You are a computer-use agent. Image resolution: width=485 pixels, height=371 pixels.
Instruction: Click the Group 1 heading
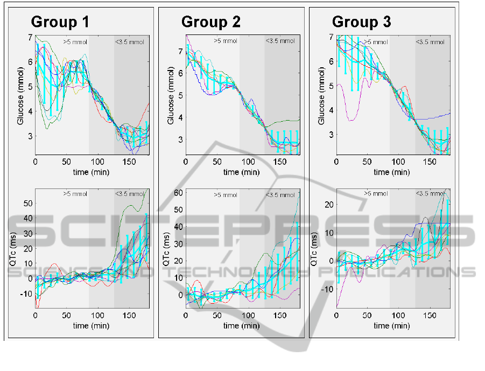click(60, 22)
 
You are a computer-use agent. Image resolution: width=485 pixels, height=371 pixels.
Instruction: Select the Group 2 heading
click(210, 22)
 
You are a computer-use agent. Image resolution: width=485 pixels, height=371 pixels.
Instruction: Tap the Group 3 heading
click(361, 22)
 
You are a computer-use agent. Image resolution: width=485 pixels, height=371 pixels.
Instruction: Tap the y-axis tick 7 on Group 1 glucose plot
click(30, 37)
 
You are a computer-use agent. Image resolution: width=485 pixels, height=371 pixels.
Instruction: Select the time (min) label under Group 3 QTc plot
click(392, 325)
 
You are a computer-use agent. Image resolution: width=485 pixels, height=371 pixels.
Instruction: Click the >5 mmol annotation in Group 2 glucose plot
click(225, 41)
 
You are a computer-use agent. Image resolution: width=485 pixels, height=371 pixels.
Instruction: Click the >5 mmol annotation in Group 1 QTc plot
click(75, 194)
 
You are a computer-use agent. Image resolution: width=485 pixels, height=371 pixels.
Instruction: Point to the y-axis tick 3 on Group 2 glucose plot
click(181, 139)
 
